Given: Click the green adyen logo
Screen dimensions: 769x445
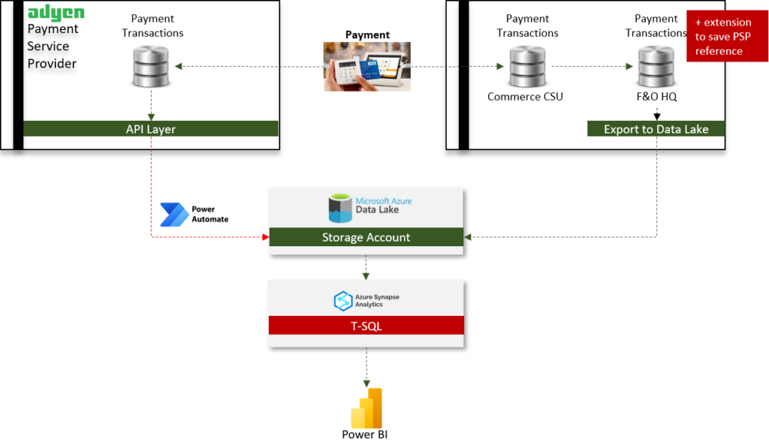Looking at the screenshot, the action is point(56,14).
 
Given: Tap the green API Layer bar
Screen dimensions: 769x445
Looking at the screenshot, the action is point(150,129).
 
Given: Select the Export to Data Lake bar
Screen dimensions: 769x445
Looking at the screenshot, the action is point(656,129).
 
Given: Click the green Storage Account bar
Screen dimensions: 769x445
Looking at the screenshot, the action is point(366,237).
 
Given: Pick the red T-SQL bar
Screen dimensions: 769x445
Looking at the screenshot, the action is point(366,326).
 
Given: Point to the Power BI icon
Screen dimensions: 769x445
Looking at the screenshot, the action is point(366,408).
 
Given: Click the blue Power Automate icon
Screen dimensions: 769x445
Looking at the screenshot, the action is point(174,215).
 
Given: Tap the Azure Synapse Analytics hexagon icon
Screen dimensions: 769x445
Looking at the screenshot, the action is point(342,301).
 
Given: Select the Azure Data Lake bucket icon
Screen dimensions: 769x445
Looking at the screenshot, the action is point(340,209).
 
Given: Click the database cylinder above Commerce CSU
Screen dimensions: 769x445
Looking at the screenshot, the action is point(527,67).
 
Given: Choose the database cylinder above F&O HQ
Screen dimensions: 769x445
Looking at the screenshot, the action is point(656,67).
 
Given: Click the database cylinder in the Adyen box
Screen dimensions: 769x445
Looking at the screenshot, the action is point(151,67).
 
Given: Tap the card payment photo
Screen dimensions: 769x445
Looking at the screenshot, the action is point(366,67).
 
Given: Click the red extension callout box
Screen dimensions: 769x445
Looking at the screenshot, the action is point(727,36).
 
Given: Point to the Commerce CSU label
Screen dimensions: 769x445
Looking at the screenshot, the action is point(525,97).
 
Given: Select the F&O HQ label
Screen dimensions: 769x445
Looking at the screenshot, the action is point(656,97).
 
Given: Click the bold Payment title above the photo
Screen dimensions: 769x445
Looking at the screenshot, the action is point(367,35).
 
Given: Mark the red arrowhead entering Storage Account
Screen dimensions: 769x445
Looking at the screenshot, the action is point(266,237).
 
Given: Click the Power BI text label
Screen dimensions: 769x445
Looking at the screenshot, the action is point(364,434).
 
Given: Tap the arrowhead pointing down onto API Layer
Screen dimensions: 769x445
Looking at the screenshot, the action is point(151,117).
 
